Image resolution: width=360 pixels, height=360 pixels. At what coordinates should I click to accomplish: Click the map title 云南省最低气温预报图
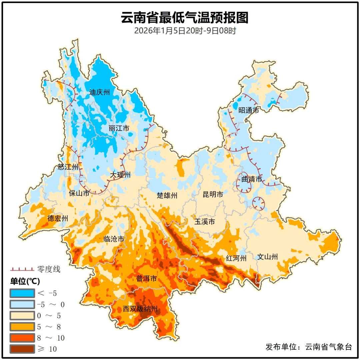point(185,18)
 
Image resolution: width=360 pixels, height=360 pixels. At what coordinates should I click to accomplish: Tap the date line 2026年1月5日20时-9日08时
point(185,31)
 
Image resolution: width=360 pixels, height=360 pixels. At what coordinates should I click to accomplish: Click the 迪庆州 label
point(99,92)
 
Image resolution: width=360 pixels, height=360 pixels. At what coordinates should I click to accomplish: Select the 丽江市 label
point(119,128)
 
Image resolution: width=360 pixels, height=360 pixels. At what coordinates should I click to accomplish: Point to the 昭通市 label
point(248,110)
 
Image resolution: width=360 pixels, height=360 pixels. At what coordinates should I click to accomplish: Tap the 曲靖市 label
point(252,179)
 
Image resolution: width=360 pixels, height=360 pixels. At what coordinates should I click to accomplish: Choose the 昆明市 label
point(213,194)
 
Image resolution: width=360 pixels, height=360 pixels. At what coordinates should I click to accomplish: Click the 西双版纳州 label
point(140,309)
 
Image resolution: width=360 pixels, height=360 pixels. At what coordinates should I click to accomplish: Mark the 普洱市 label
point(146,279)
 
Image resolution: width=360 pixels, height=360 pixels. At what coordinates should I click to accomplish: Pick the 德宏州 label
point(58,218)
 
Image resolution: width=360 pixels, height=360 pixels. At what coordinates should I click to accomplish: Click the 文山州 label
point(267,257)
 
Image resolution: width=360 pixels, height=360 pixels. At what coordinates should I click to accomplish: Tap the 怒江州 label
point(68,167)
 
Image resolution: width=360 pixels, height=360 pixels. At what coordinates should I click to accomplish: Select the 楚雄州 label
point(167,195)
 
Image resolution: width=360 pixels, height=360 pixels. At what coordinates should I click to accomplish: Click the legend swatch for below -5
point(22,293)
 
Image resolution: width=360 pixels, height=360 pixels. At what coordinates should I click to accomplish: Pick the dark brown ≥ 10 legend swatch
point(22,349)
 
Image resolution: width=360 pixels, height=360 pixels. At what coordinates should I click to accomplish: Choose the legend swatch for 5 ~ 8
point(22,327)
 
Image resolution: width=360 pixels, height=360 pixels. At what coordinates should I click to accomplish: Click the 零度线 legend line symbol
point(22,269)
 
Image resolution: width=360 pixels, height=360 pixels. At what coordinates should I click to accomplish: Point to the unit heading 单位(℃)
point(25,281)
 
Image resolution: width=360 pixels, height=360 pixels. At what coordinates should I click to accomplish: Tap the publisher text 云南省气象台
point(328,347)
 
